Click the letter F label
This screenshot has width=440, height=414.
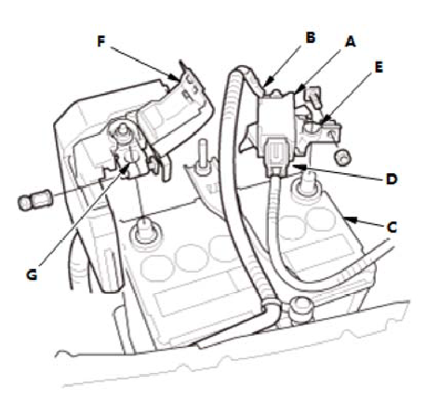coord(101,41)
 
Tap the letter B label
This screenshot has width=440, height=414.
coord(310,37)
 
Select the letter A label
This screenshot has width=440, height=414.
coord(351,42)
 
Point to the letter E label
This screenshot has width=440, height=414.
coord(379,67)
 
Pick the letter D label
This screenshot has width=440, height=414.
coord(392,179)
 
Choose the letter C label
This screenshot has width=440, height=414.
coord(392,227)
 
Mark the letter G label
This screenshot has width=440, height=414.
coord(32,274)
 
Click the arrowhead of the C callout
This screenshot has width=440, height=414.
coord(350,220)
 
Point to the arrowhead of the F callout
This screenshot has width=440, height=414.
coord(174,77)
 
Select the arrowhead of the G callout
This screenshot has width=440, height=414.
coord(126,168)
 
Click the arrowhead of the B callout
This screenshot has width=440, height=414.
coord(266,83)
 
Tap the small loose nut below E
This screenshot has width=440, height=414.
coord(342,157)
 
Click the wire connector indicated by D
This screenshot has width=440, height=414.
coord(277,156)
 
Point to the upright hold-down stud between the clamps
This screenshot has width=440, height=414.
coord(203,156)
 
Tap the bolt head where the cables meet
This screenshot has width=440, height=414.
coord(301,307)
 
